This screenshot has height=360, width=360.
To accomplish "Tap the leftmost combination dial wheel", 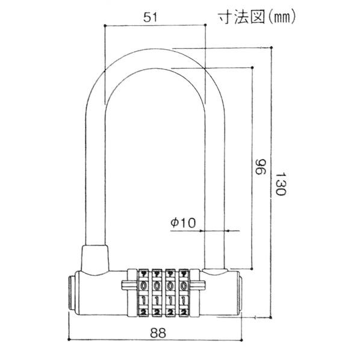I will [144, 293].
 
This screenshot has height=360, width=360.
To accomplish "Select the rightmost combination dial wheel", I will [184, 293].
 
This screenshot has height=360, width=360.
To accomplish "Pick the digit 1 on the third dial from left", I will [170, 299].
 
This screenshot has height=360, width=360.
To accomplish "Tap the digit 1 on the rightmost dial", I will [184, 299].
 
